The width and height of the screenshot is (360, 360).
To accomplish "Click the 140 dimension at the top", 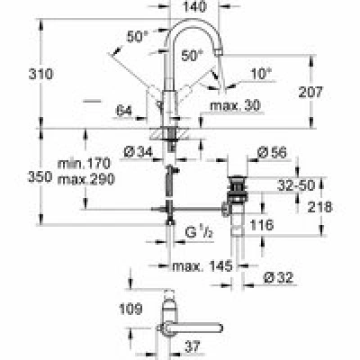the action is tap(195, 6).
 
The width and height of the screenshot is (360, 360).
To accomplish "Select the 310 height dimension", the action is tap(40, 74).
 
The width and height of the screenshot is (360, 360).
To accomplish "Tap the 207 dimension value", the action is tap(310, 92).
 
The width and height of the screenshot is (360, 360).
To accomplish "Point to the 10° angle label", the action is tap(261, 73).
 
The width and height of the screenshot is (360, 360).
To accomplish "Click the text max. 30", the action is tap(236, 105).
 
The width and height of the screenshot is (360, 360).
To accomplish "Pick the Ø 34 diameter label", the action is tap(138, 153).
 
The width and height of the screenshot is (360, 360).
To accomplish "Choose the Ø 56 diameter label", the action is tap(273, 153).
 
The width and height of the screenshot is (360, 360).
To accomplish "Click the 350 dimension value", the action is tap(40, 177).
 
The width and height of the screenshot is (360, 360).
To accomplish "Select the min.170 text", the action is tap(84, 164).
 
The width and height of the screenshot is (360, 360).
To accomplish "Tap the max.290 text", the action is tap(86, 179).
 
